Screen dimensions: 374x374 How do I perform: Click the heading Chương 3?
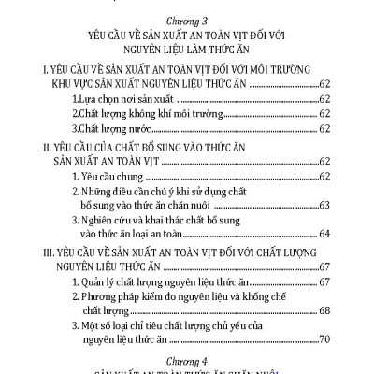187,15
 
